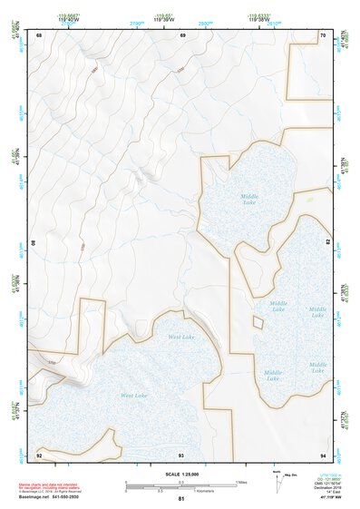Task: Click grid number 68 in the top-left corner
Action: [x=40, y=35]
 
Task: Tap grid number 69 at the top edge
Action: [x=182, y=35]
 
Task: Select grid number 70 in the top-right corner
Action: [x=323, y=35]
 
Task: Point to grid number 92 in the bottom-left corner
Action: [x=40, y=454]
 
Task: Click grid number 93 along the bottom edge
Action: [x=182, y=454]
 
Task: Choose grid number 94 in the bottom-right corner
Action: [x=323, y=454]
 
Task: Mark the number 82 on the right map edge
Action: [x=327, y=244]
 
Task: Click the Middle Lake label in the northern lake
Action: [x=249, y=199]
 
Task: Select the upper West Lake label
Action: [x=181, y=337]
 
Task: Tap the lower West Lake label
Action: [x=134, y=396]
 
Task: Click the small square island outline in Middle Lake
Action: [x=258, y=322]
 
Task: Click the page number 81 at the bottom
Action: [x=181, y=500]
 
